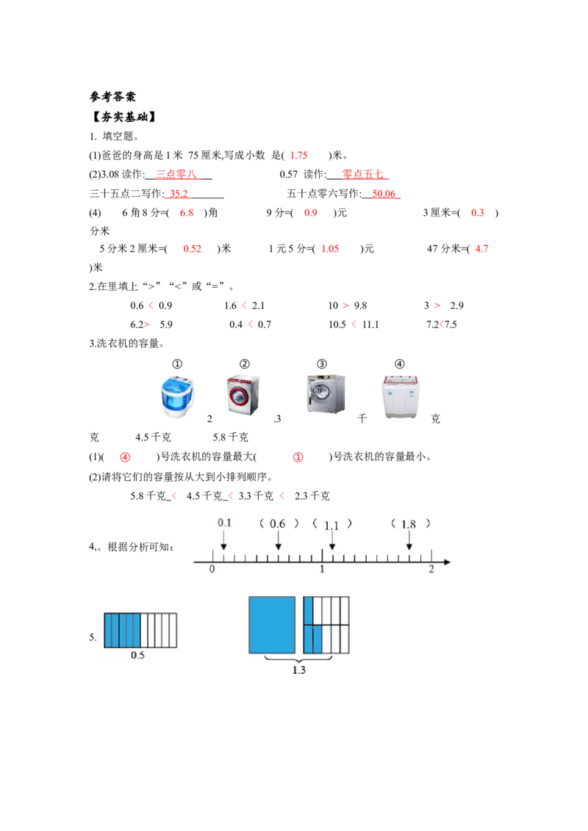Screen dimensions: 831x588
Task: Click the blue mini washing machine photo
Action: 179,396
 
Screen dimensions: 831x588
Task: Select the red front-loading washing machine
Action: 244,393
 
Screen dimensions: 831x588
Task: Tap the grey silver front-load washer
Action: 326,393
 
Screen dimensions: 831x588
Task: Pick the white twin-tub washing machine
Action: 402,396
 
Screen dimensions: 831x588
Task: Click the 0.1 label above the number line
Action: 224,523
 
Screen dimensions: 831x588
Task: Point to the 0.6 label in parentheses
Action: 278,524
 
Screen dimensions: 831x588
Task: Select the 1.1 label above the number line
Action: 331,525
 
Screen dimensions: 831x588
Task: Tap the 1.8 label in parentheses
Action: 409,524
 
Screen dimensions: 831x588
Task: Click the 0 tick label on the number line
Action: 212,570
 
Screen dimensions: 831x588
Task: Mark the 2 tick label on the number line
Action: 431,570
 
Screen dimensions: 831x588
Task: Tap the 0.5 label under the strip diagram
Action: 137,656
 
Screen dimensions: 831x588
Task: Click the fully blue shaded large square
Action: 272,625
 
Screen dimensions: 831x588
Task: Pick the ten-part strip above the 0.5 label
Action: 140,630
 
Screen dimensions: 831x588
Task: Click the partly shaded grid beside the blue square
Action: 326,625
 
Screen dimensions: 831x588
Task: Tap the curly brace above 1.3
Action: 298,659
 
